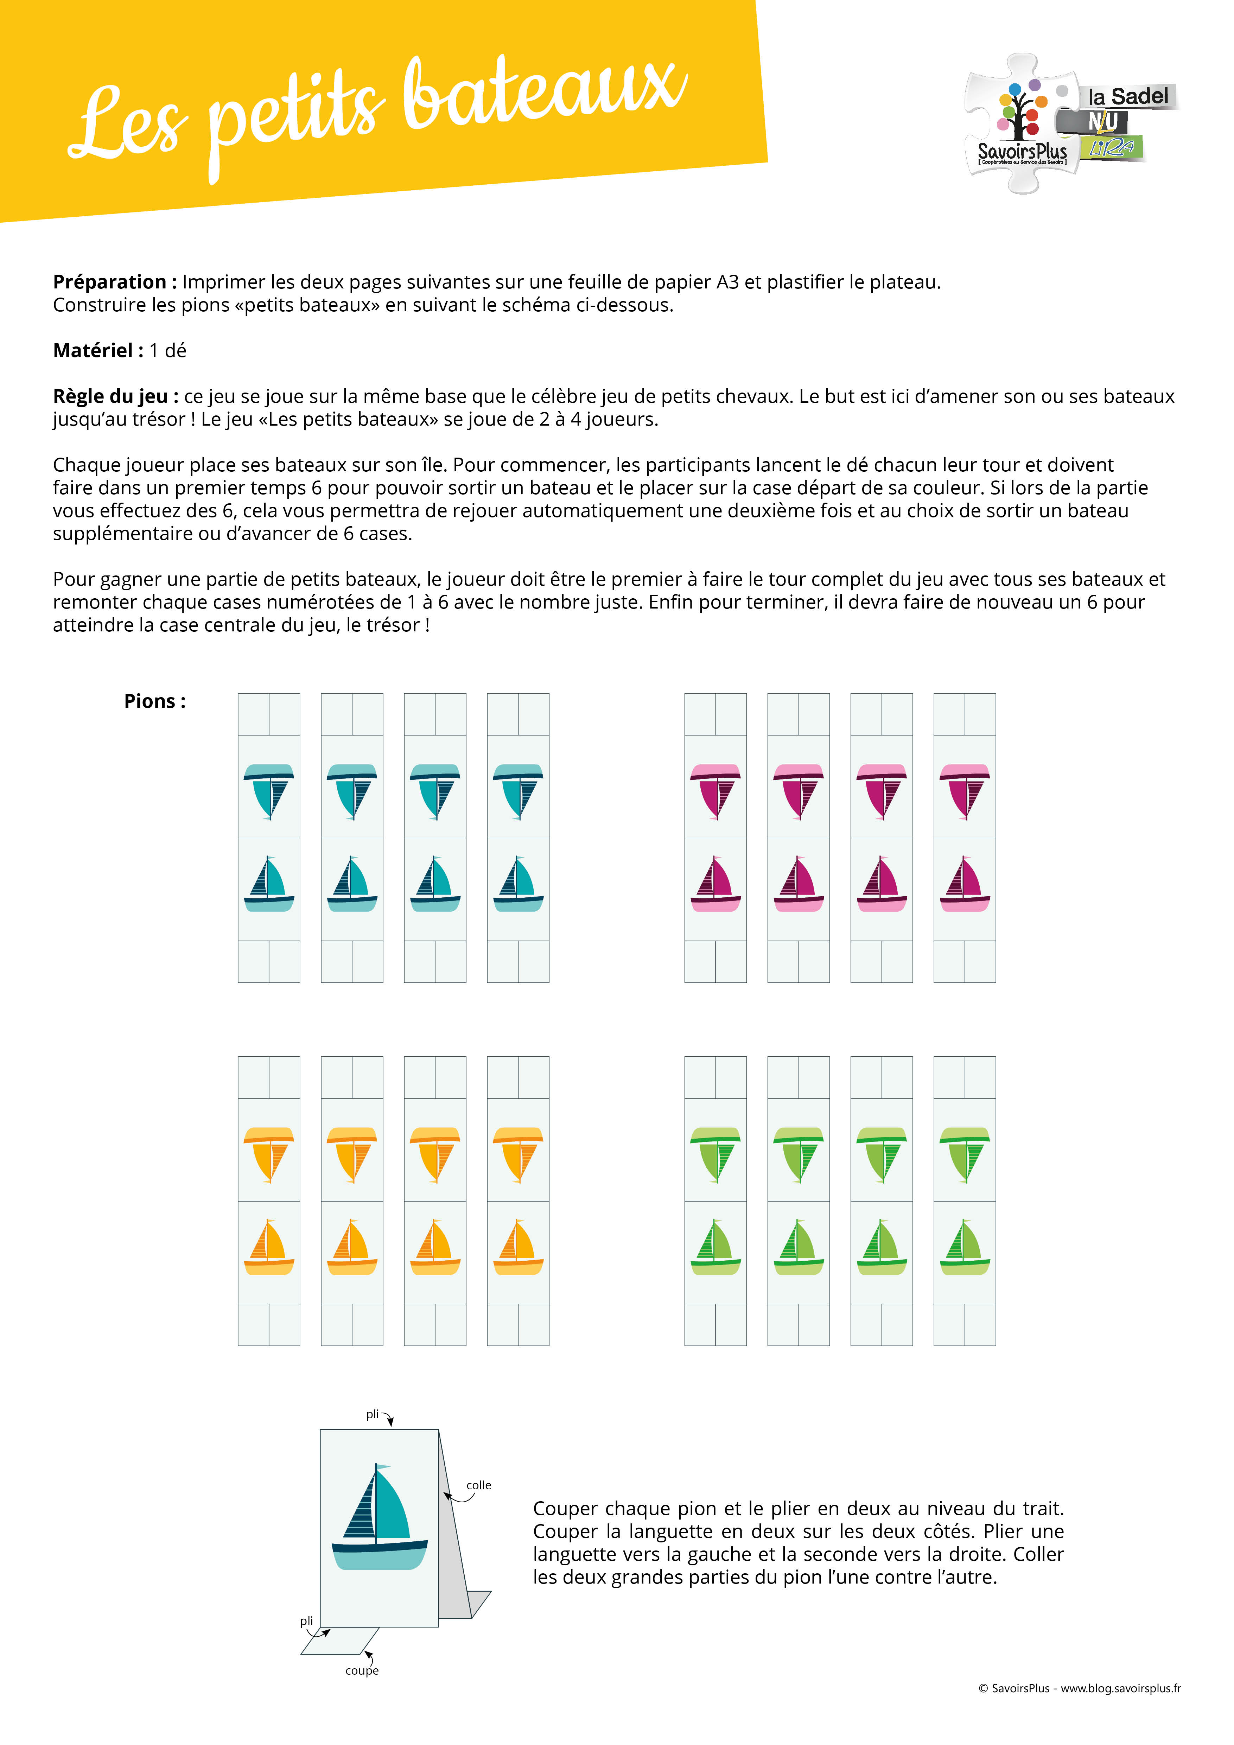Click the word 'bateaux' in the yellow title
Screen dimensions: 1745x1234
coord(543,95)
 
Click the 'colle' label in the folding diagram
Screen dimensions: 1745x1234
coord(479,1484)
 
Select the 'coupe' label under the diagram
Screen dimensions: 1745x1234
coord(362,1670)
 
